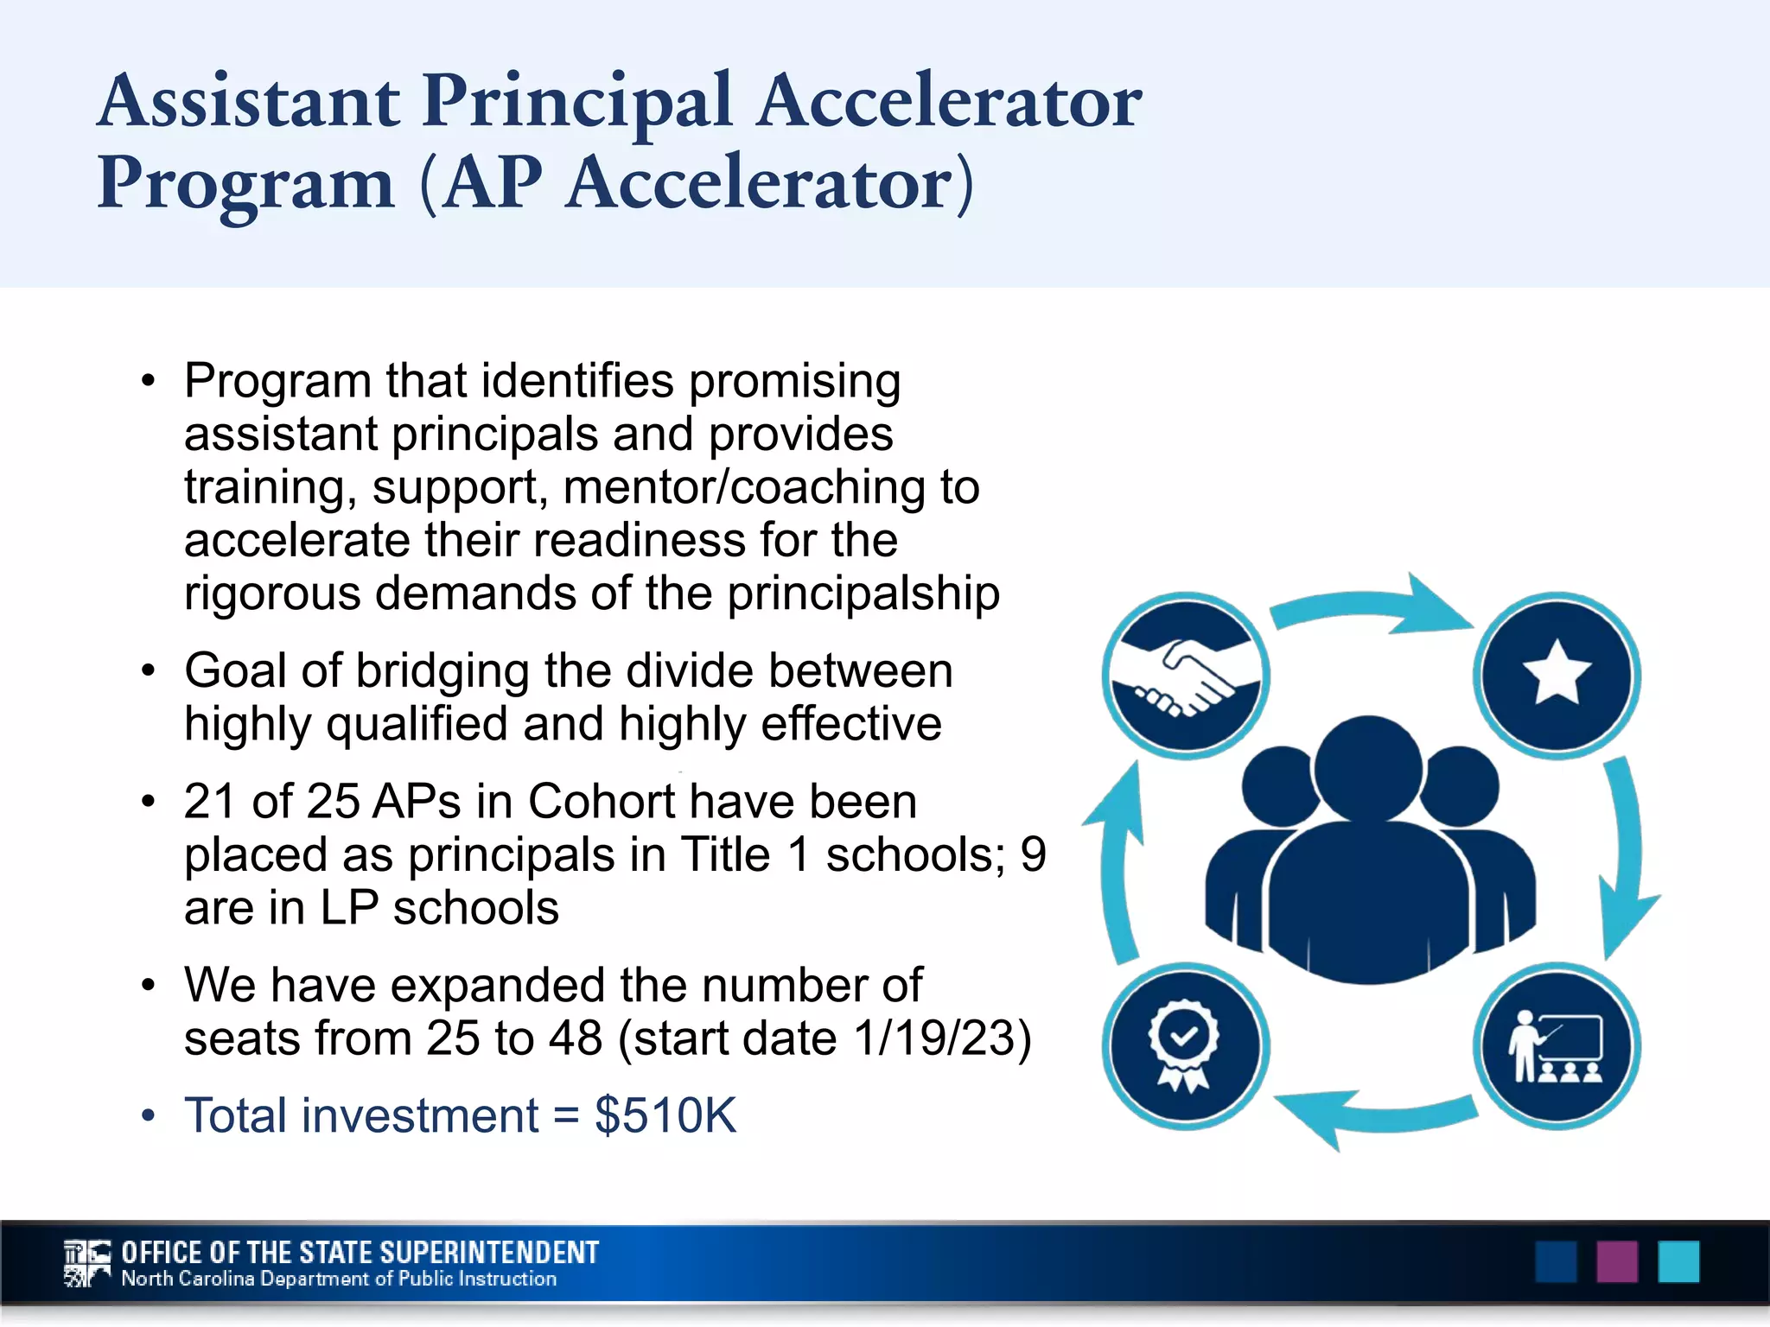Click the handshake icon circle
coord(1185,676)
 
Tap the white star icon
coord(1557,672)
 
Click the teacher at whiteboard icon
coord(1557,1047)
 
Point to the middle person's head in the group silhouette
coord(1368,769)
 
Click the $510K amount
coord(665,1115)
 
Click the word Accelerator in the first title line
coord(948,102)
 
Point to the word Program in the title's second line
coord(245,184)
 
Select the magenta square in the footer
coord(1617,1262)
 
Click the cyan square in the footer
coord(1678,1262)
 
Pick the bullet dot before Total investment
coord(149,1116)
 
